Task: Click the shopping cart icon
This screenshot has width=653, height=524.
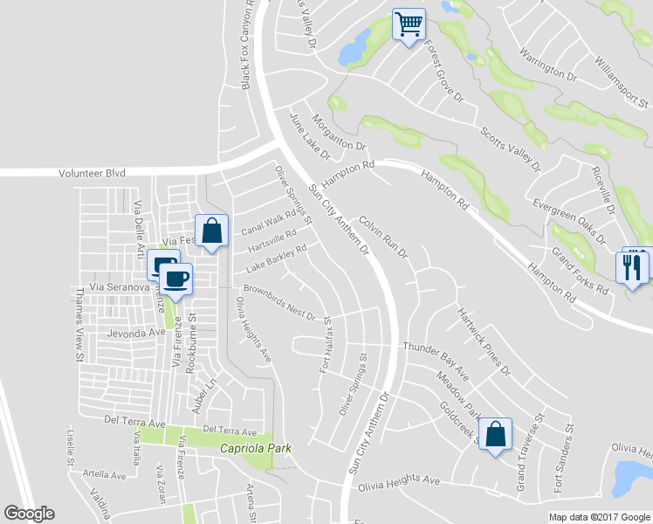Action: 408,24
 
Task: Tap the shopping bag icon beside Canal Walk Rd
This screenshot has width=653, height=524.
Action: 211,231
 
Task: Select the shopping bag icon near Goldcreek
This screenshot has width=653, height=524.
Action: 495,434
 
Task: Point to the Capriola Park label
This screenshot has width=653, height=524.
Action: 254,448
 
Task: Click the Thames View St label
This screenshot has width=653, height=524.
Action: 77,327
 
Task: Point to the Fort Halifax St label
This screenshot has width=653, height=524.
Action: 327,346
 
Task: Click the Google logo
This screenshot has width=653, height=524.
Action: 29,514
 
